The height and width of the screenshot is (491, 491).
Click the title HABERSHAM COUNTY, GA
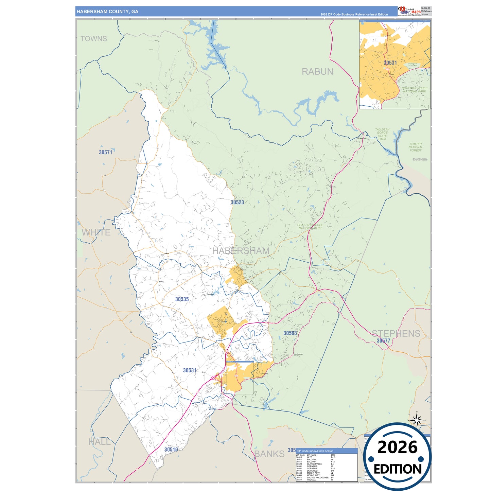click(x=107, y=12)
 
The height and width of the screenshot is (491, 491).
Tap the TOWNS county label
click(x=94, y=39)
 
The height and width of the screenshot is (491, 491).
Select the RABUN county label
click(x=317, y=72)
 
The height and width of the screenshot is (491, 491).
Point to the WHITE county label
click(x=96, y=232)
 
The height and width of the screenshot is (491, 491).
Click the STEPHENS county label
click(x=396, y=333)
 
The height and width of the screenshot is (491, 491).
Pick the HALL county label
click(x=100, y=442)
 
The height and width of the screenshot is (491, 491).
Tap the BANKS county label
click(x=269, y=454)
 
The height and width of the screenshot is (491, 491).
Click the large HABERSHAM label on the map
click(x=241, y=251)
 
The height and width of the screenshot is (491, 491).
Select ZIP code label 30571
click(x=105, y=152)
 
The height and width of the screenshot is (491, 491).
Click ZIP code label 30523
click(x=237, y=202)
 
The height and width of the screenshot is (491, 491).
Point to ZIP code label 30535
click(x=182, y=299)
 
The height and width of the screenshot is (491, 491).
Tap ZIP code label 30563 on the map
click(x=290, y=333)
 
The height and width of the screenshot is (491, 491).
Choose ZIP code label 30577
click(x=383, y=341)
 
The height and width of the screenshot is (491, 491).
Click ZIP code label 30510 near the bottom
click(x=171, y=450)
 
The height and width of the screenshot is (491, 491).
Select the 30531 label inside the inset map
click(x=390, y=63)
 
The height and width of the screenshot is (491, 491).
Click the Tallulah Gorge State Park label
click(x=382, y=134)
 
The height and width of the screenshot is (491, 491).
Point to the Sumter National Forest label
click(x=415, y=147)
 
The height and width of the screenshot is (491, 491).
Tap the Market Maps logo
click(x=409, y=11)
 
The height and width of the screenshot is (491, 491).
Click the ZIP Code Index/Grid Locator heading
click(x=315, y=451)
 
